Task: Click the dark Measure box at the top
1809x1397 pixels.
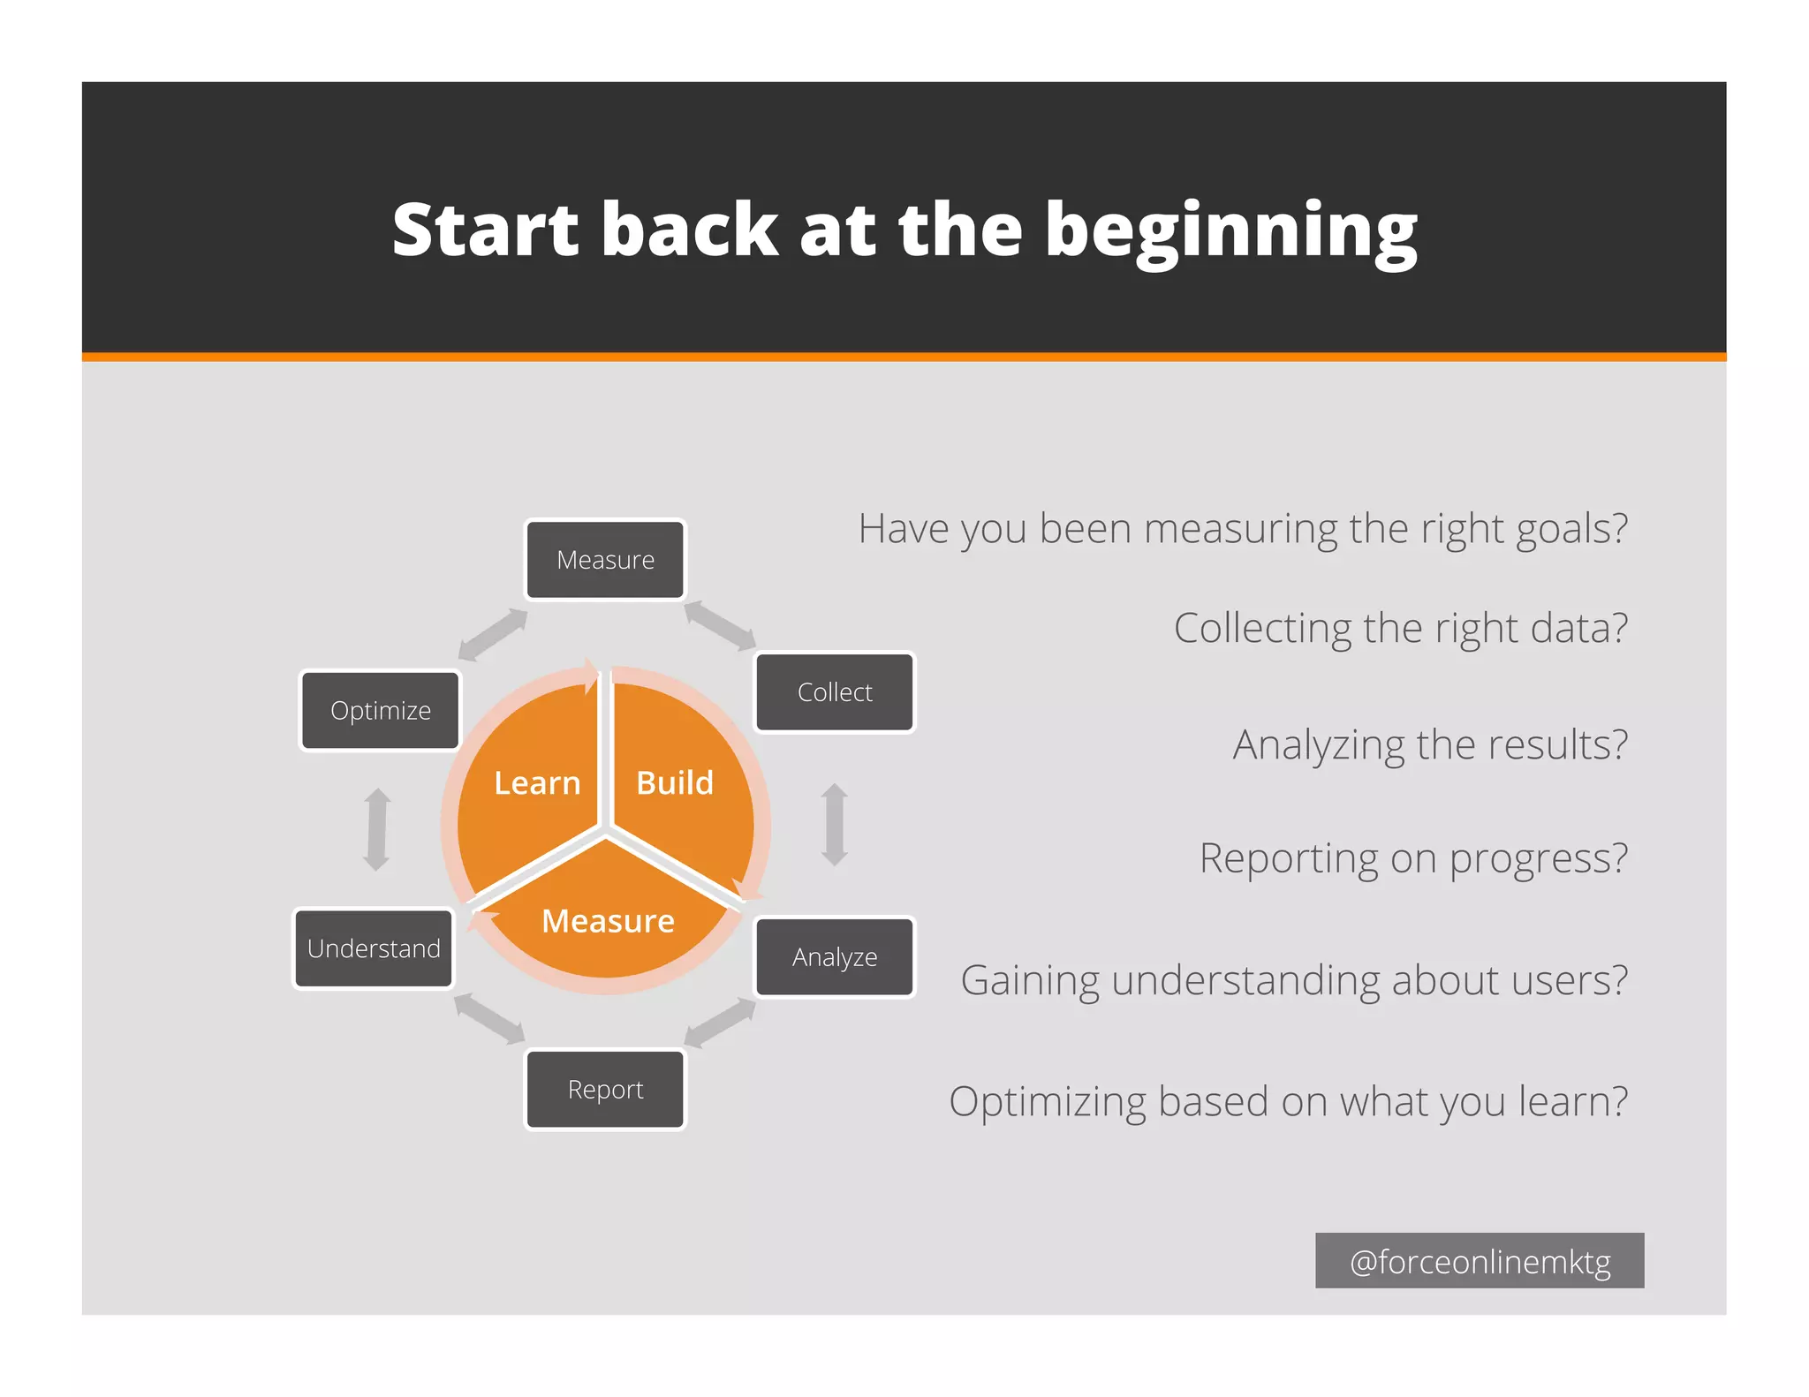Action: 605,560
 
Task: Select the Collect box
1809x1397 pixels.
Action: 835,692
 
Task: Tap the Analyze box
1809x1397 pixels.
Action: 835,957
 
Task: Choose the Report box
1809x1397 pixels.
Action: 605,1090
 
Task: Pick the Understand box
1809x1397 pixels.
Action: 374,948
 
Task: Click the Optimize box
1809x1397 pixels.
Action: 381,711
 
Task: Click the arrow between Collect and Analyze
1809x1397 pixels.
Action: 835,825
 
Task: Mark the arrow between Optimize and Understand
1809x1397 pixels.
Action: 377,829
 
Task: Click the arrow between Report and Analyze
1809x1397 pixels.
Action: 720,1023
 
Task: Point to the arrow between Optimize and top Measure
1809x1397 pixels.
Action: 493,634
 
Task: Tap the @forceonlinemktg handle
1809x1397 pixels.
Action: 1480,1261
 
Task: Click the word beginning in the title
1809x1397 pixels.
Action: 1231,231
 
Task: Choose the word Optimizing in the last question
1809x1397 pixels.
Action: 1047,1102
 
